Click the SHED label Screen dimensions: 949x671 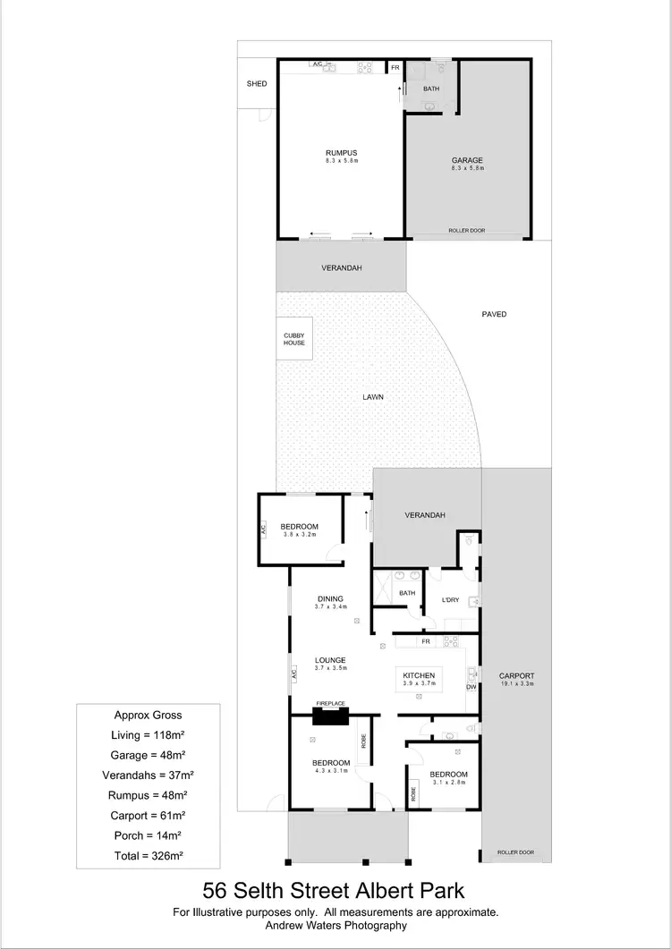point(257,84)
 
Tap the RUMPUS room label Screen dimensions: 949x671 point(341,153)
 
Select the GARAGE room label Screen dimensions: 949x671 point(467,161)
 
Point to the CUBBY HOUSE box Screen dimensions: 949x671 point(294,339)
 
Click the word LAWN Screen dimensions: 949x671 point(374,397)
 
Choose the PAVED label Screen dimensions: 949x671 point(494,314)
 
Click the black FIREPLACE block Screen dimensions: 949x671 point(329,716)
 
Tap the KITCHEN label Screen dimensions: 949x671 point(419,675)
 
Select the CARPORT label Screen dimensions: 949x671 point(517,676)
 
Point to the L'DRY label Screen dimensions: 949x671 point(451,600)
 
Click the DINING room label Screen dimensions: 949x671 point(330,599)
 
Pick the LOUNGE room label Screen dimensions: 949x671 point(330,660)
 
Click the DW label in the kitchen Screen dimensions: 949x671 point(471,687)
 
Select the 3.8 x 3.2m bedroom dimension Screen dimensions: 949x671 point(300,534)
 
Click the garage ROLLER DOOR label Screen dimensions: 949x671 point(467,231)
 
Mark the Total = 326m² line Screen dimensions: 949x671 point(149,855)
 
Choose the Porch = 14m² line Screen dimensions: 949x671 point(149,835)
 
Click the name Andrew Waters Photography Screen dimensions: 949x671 point(335,926)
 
